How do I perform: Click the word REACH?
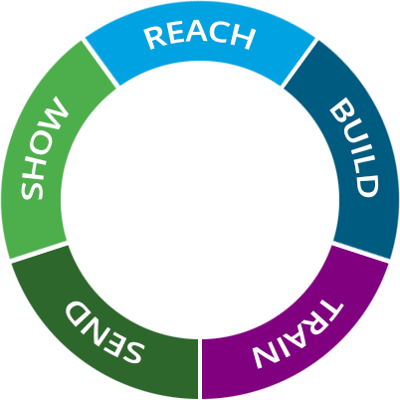[199, 36]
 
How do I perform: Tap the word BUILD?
[354, 146]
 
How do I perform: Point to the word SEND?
[104, 331]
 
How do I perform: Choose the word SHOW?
[46, 148]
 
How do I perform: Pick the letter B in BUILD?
[339, 107]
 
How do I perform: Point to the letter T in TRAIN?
[332, 309]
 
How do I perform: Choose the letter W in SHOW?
[57, 112]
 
